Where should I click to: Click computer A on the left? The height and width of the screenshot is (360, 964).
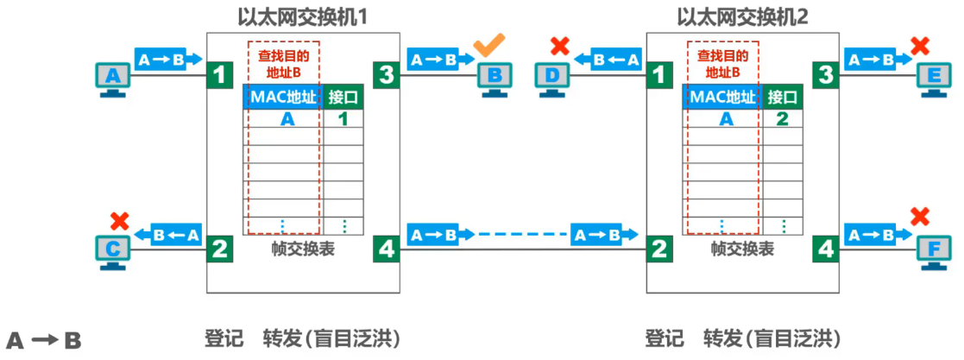point(110,79)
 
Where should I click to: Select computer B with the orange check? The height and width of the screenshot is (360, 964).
point(494,79)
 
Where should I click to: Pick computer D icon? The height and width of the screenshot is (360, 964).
point(552,79)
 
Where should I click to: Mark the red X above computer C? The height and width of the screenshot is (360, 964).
point(119,220)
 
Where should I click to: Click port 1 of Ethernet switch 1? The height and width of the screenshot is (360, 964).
point(220,76)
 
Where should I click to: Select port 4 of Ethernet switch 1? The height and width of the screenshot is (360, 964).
point(386,250)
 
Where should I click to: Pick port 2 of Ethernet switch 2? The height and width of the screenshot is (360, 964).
point(659,250)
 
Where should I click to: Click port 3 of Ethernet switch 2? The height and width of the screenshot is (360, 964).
point(826,76)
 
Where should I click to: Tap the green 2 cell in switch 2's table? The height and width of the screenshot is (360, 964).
point(782,120)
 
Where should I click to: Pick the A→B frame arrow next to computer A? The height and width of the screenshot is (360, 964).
point(168,60)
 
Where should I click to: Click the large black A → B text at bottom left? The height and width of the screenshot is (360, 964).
point(44,340)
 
